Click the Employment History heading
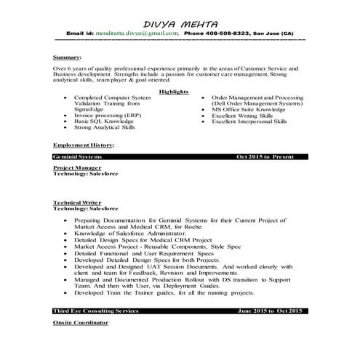pos(83,145)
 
